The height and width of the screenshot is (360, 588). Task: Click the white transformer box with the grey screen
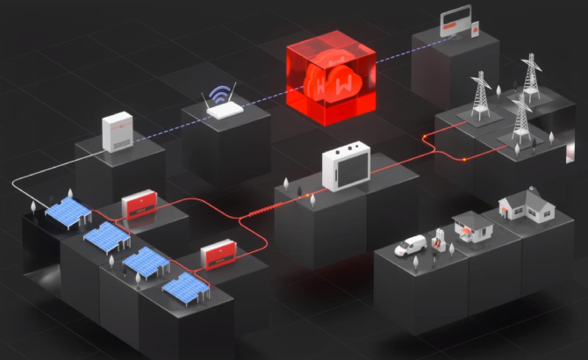click(345, 169)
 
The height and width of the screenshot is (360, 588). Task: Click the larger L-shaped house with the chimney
click(519, 207)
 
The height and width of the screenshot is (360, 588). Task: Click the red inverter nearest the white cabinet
click(138, 207)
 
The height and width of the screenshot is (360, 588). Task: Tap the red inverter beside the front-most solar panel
click(216, 256)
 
